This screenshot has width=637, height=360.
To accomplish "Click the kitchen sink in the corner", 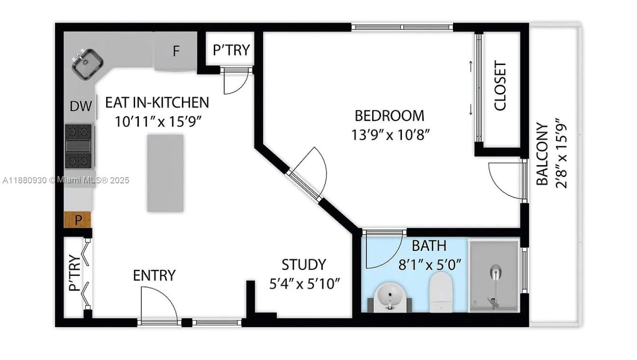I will tap(87, 63).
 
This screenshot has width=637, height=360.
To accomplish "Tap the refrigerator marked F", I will tap(176, 51).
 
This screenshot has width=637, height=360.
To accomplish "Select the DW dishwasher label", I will tap(81, 107).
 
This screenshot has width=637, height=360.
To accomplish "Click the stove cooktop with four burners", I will tap(79, 146).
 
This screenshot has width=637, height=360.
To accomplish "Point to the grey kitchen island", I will tap(166, 173).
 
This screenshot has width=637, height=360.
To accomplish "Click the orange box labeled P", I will tap(77, 220).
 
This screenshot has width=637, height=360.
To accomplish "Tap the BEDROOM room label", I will tap(389, 116).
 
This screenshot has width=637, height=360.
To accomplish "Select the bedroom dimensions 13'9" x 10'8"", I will tap(390, 134).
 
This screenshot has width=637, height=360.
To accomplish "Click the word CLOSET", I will tap(500, 85).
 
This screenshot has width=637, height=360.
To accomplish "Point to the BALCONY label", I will tap(543, 154).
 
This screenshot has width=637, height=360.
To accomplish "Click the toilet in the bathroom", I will tap(441, 291).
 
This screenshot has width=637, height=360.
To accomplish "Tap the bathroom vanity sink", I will tap(390, 296).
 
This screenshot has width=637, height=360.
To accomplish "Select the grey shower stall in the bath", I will tap(494, 276).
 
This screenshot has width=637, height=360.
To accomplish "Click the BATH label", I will tap(429, 246).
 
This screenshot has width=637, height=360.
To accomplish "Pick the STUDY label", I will tap(304, 265).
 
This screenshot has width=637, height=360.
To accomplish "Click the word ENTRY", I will tap(154, 276).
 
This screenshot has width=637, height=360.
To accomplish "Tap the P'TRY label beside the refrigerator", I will tap(231, 50).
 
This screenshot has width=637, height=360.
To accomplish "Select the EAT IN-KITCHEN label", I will tap(157, 102).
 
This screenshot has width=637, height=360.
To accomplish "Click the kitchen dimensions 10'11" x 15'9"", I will tap(158, 121).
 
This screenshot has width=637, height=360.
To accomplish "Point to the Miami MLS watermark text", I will tap(66, 180).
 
